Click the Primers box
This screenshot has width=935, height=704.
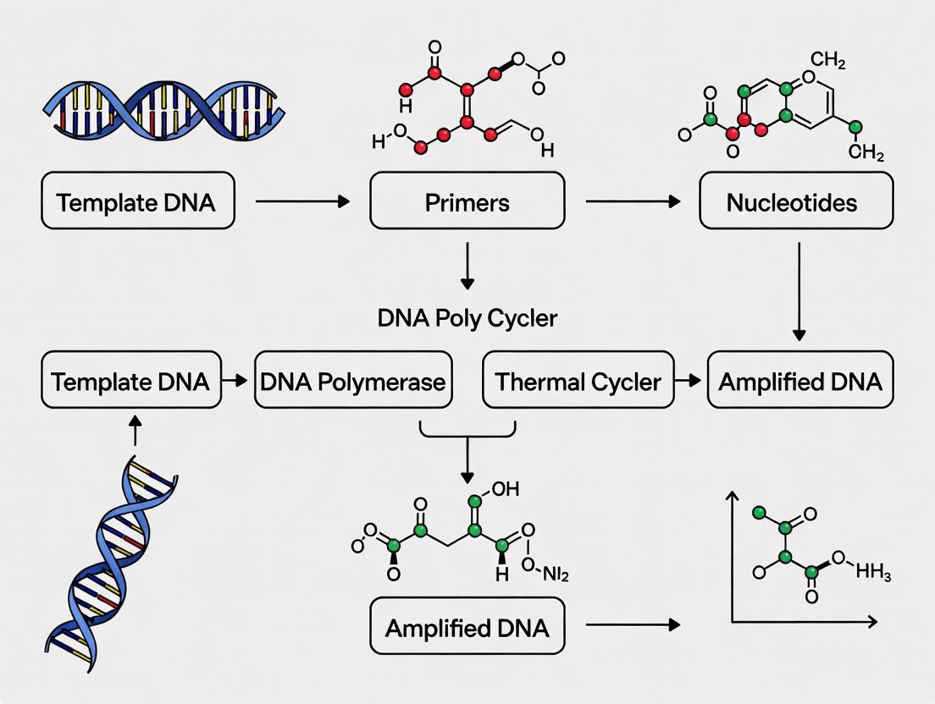pyautogui.click(x=467, y=201)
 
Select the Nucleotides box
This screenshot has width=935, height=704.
pyautogui.click(x=795, y=201)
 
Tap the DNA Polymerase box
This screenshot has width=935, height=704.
pyautogui.click(x=352, y=381)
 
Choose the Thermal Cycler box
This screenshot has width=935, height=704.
pyautogui.click(x=578, y=381)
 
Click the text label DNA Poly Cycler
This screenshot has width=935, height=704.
pyautogui.click(x=467, y=318)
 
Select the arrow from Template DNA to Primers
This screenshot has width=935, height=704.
pyautogui.click(x=302, y=201)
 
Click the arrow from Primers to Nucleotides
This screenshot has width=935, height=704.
pyautogui.click(x=633, y=201)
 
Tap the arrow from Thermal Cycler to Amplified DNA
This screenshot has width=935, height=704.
pyautogui.click(x=690, y=381)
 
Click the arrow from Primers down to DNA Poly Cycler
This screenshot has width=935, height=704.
pyautogui.click(x=467, y=266)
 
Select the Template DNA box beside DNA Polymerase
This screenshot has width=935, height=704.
pyautogui.click(x=130, y=381)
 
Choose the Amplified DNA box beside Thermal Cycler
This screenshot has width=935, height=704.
pyautogui.click(x=799, y=381)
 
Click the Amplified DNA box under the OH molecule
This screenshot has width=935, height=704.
pyautogui.click(x=467, y=628)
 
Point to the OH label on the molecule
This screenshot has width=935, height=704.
pyautogui.click(x=501, y=489)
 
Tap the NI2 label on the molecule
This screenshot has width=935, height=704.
pyautogui.click(x=550, y=575)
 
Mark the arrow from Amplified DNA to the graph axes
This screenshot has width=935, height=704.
pyautogui.click(x=633, y=624)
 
